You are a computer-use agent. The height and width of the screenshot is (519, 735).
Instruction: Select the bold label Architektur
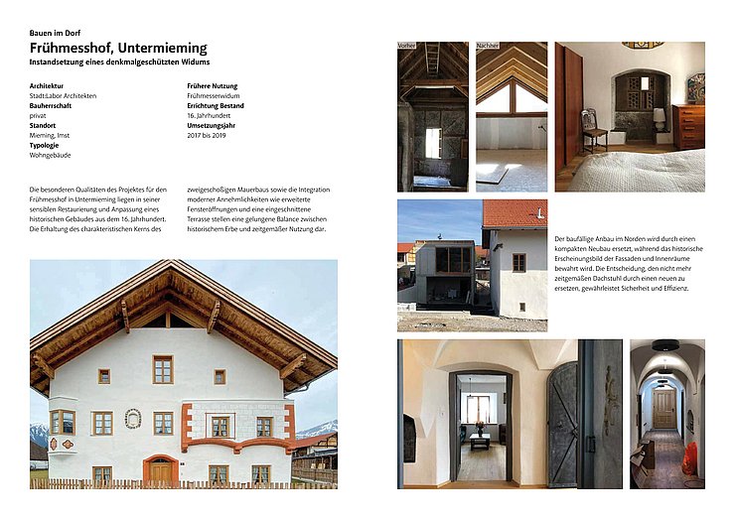click(x=51, y=86)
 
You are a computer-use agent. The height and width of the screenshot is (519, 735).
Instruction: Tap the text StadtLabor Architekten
click(x=64, y=95)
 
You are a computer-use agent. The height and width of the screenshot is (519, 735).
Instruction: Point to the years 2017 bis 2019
click(x=209, y=135)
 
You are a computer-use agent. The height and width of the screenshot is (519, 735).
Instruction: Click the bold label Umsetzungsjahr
click(x=216, y=125)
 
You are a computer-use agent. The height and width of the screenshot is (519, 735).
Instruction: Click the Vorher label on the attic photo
click(x=407, y=46)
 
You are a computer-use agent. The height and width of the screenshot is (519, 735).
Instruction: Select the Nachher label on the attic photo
click(x=488, y=46)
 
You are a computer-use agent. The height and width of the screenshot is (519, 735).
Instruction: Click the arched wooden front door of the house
click(x=160, y=472)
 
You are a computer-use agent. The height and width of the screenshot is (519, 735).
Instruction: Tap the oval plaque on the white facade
click(x=132, y=419)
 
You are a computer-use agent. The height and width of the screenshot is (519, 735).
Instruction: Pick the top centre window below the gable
click(x=162, y=369)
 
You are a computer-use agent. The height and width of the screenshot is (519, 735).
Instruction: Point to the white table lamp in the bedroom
click(x=659, y=120)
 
